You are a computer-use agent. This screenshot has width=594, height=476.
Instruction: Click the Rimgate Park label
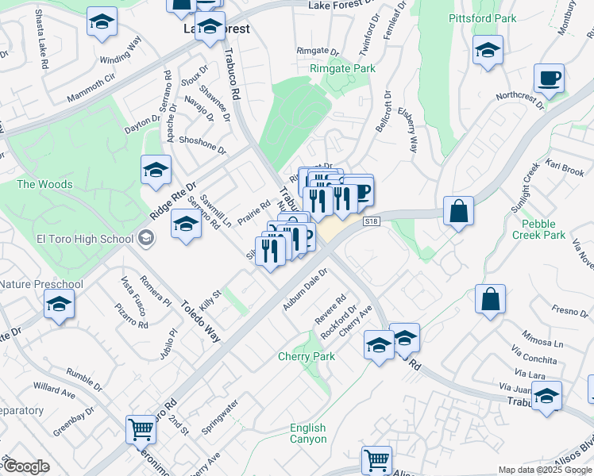(x=342, y=69)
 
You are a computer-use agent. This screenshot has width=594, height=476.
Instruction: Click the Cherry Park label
(x=306, y=356)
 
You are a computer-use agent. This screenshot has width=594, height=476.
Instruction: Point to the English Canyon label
(x=307, y=433)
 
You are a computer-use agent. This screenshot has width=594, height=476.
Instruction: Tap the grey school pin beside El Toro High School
(x=145, y=237)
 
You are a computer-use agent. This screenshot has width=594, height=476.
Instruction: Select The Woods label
(x=44, y=184)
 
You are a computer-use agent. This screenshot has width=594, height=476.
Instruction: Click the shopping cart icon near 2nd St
(x=141, y=430)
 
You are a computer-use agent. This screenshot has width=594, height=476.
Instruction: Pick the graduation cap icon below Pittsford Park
(x=488, y=52)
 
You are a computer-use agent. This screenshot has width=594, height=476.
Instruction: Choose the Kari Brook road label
(x=565, y=171)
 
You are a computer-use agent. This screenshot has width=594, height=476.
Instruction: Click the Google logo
(x=26, y=466)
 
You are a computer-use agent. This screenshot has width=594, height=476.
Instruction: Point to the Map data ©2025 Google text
(x=545, y=470)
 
